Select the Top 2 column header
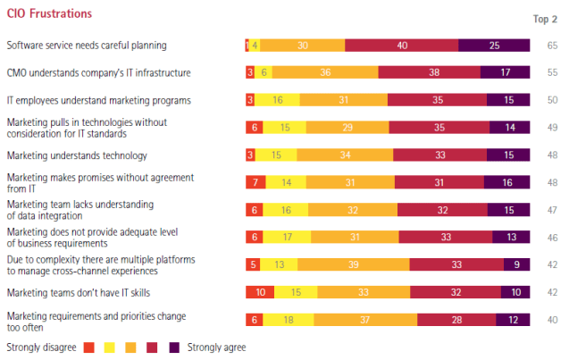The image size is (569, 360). [x=546, y=19]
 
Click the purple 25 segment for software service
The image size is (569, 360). [x=494, y=45]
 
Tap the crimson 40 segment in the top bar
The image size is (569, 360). [x=402, y=45]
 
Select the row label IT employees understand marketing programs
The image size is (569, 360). [x=98, y=100]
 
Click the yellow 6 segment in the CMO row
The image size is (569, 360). [x=264, y=72]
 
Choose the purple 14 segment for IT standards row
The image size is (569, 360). [x=509, y=128]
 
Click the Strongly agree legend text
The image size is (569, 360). [x=216, y=347]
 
